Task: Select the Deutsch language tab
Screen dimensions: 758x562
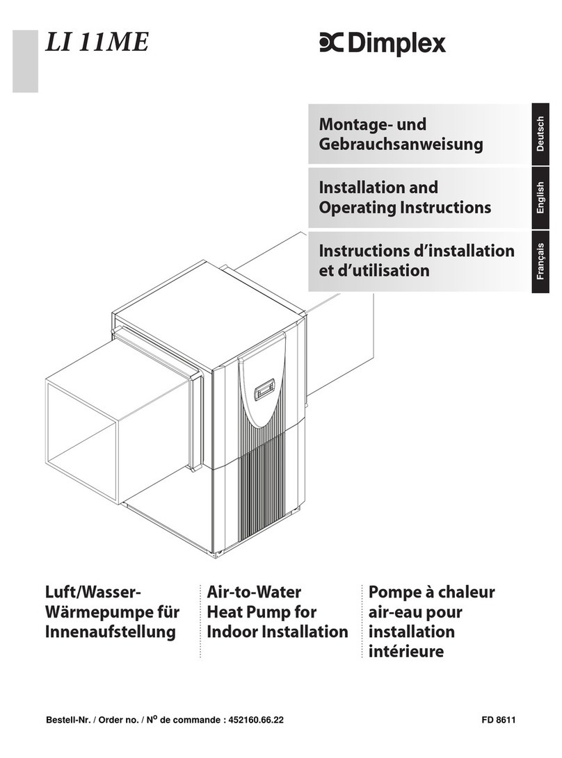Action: point(540,134)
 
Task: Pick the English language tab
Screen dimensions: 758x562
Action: point(540,199)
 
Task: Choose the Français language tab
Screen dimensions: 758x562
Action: point(540,261)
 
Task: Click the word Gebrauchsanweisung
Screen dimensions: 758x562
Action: point(400,145)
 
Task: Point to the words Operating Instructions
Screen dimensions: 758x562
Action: point(404,207)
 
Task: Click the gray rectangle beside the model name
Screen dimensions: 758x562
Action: point(25,61)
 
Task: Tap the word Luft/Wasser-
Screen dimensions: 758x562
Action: point(94,593)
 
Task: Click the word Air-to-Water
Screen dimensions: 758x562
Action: point(254,593)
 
